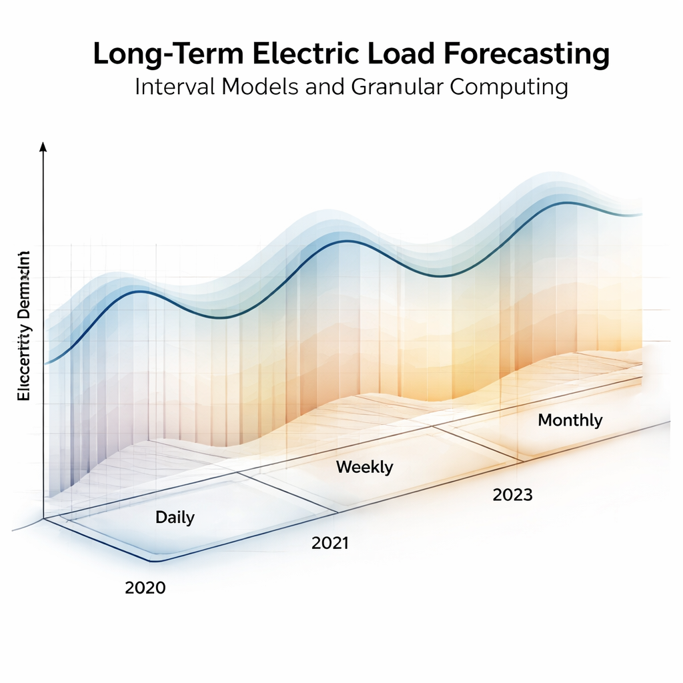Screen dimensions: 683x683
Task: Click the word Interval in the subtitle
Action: (x=171, y=87)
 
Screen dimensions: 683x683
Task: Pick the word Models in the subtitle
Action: (x=257, y=87)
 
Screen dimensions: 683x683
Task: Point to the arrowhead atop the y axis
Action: (x=43, y=147)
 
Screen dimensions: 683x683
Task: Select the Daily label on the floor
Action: (x=175, y=517)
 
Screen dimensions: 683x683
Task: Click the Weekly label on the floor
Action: (x=364, y=467)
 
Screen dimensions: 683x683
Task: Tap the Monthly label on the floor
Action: (x=570, y=420)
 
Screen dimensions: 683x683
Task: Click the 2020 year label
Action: (x=145, y=588)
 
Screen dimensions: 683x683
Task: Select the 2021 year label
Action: (x=329, y=544)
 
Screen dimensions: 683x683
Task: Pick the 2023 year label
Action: (x=512, y=495)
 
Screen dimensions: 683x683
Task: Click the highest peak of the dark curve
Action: (x=567, y=202)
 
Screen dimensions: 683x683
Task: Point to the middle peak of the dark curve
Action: (x=341, y=241)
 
